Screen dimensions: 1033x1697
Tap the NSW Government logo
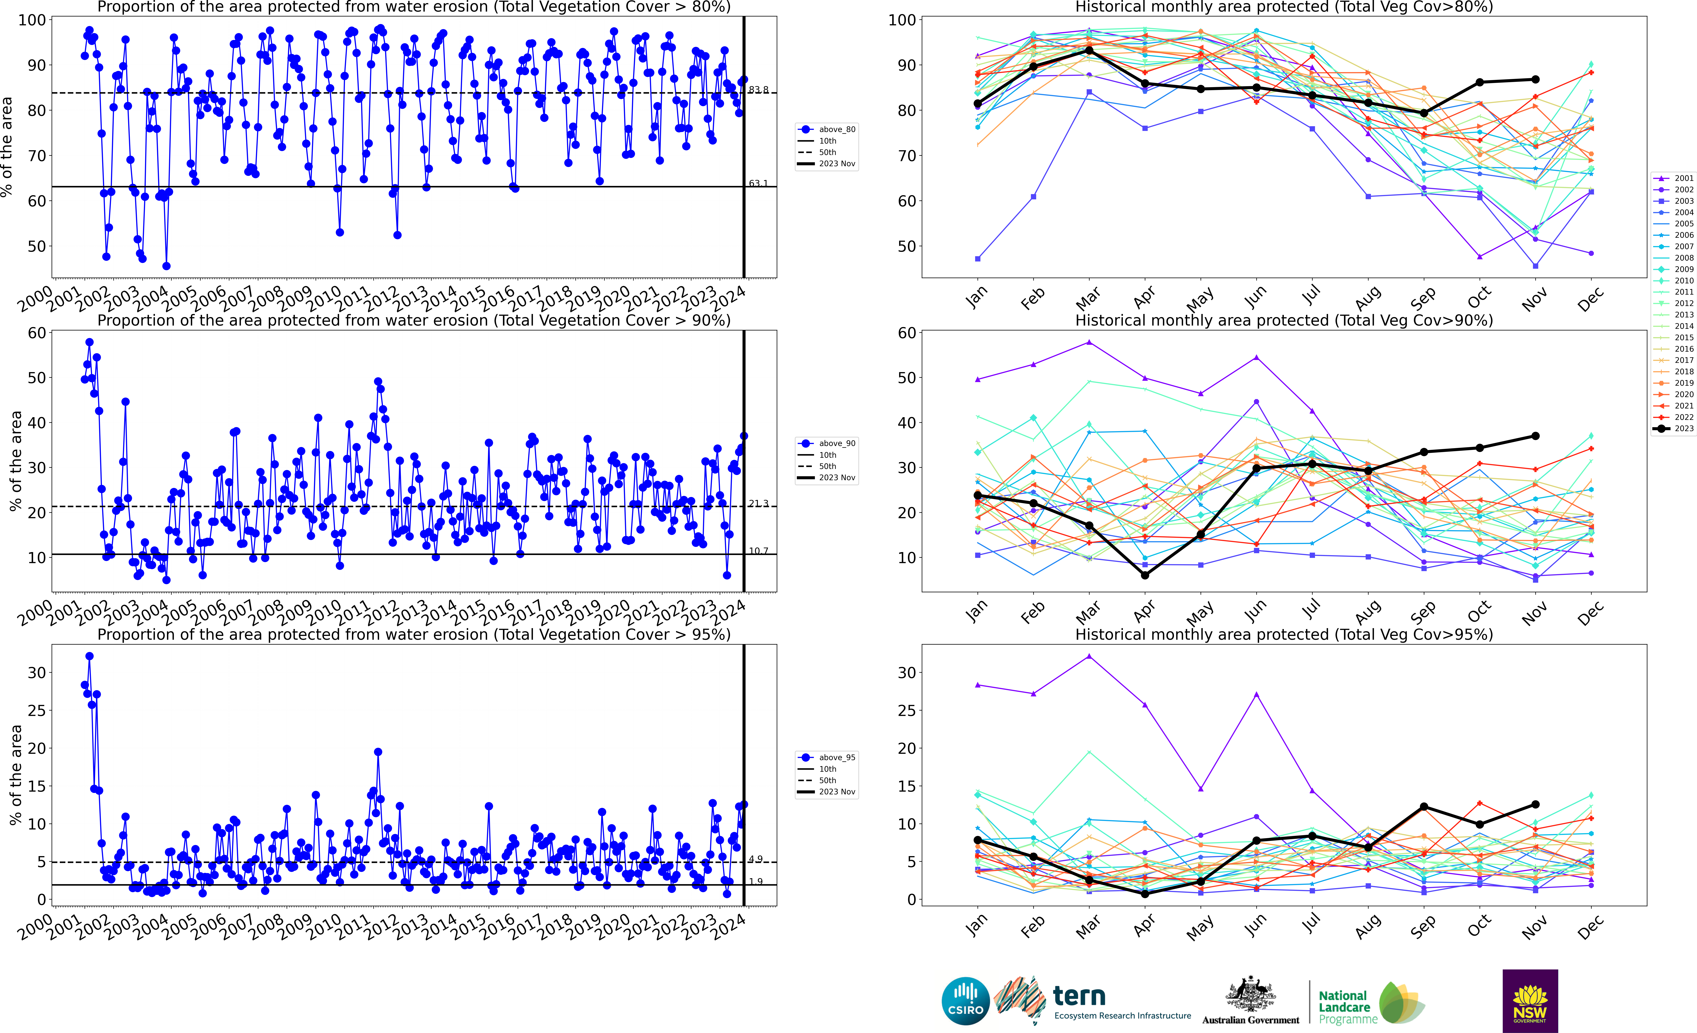coord(1530,1001)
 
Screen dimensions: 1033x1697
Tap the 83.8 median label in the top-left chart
coord(758,90)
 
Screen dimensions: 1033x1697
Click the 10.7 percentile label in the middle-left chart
coord(758,551)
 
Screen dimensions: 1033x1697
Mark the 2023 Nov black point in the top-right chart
coord(1535,79)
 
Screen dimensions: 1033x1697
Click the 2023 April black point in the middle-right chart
coord(1145,575)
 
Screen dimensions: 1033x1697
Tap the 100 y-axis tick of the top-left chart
coord(32,20)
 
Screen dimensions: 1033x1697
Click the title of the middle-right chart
coord(1284,320)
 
